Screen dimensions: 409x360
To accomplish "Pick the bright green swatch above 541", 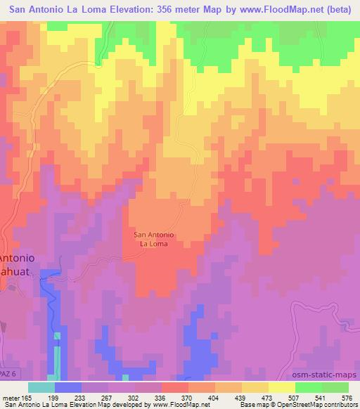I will coord(307,387).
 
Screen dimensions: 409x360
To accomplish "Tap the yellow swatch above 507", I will coord(281,387).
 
